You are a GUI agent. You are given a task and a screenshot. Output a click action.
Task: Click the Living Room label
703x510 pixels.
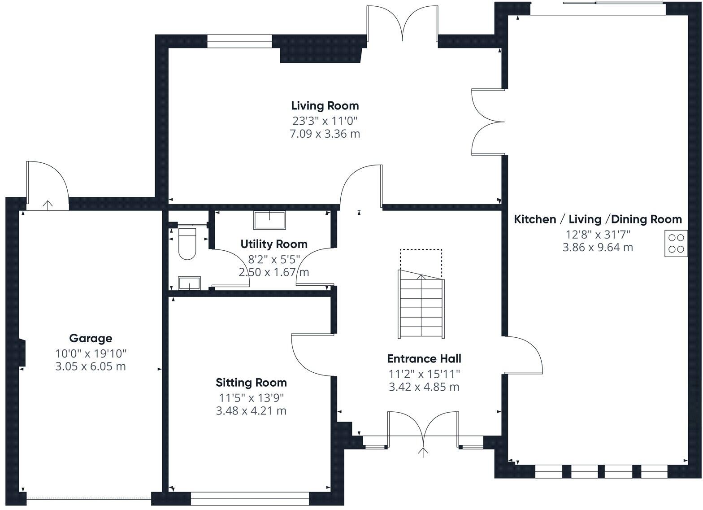[325, 106]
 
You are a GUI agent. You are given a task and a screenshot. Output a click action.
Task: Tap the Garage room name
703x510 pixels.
[91, 338]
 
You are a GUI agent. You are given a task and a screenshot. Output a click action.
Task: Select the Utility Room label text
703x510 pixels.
[273, 244]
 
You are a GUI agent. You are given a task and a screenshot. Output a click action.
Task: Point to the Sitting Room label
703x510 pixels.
[251, 383]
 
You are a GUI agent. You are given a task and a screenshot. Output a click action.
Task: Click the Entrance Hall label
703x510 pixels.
[424, 359]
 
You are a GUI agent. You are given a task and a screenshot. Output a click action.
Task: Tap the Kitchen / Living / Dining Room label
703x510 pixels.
[598, 219]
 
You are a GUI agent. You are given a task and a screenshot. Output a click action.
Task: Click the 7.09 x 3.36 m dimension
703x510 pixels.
[325, 134]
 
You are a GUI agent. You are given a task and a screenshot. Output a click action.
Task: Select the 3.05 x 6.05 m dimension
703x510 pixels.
[91, 366]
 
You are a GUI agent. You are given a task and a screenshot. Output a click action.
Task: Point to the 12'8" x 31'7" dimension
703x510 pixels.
[598, 235]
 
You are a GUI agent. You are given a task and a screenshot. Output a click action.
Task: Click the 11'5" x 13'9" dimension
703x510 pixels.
[251, 398]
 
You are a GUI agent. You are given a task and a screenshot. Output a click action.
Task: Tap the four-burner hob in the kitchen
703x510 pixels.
[676, 244]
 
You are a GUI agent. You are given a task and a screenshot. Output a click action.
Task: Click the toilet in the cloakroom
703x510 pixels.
[187, 244]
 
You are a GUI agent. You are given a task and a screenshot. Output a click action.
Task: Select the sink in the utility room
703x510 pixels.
[269, 220]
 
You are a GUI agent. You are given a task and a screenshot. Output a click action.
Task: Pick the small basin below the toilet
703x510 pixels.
[189, 283]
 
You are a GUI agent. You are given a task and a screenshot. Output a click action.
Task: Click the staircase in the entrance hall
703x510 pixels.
[421, 304]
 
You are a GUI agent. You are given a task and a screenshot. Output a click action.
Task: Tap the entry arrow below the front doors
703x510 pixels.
[423, 453]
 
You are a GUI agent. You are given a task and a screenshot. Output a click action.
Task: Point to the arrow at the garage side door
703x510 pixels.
[48, 205]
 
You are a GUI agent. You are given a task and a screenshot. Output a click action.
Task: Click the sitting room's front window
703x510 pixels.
[250, 498]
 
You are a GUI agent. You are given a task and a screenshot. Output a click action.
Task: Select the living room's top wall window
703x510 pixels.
[239, 41]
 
